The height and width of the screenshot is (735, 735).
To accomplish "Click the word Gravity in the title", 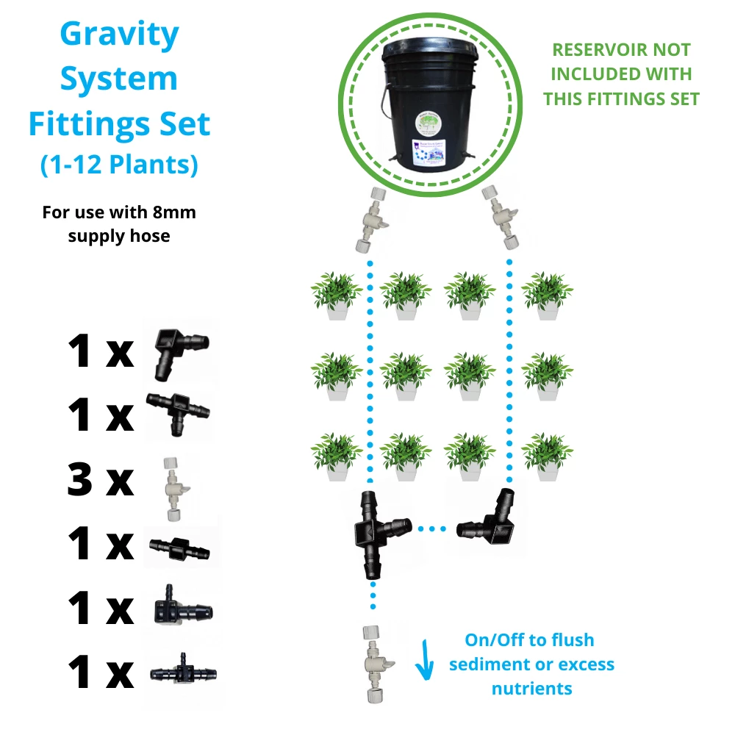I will click(119, 35).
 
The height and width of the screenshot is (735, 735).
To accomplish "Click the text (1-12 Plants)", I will click(119, 165).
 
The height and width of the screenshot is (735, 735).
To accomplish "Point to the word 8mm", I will click(175, 213).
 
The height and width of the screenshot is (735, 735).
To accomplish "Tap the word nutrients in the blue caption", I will click(531, 689).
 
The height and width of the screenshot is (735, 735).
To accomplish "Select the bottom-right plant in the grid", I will click(547, 456).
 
